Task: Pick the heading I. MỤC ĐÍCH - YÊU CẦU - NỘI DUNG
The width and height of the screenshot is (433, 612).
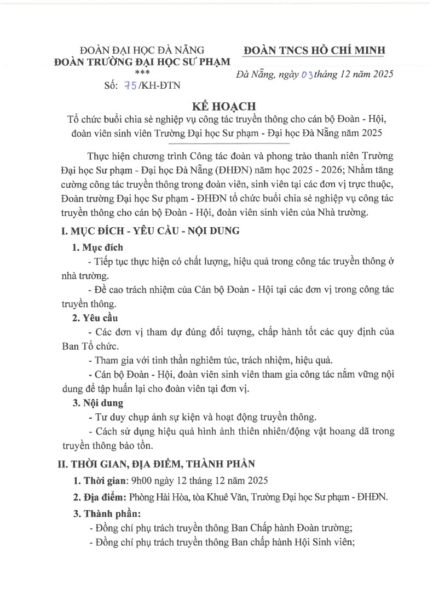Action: point(149,231)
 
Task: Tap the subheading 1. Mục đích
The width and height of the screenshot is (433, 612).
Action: point(98,247)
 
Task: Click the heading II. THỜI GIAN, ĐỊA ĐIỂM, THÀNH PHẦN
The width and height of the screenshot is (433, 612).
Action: point(157,464)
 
